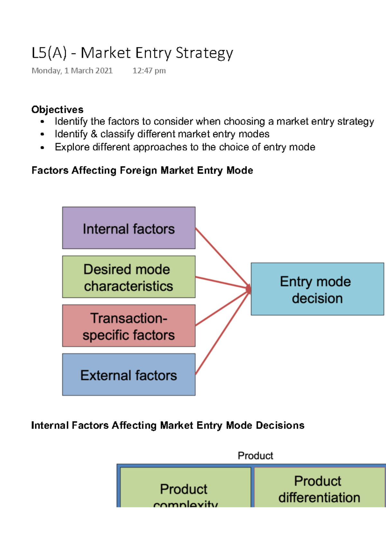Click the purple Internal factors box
[x=129, y=228]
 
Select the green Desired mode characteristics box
[x=129, y=277]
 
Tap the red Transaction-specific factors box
[x=129, y=326]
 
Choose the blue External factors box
[x=129, y=375]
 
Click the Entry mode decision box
[x=317, y=289]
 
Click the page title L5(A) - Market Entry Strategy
[x=132, y=53]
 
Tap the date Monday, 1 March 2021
[x=72, y=71]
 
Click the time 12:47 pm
[x=149, y=71]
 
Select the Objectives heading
[x=57, y=110]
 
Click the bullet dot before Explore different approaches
[x=42, y=148]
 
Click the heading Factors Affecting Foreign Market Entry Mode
[x=142, y=170]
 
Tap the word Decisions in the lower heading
[x=280, y=425]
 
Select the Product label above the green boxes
[x=255, y=456]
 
